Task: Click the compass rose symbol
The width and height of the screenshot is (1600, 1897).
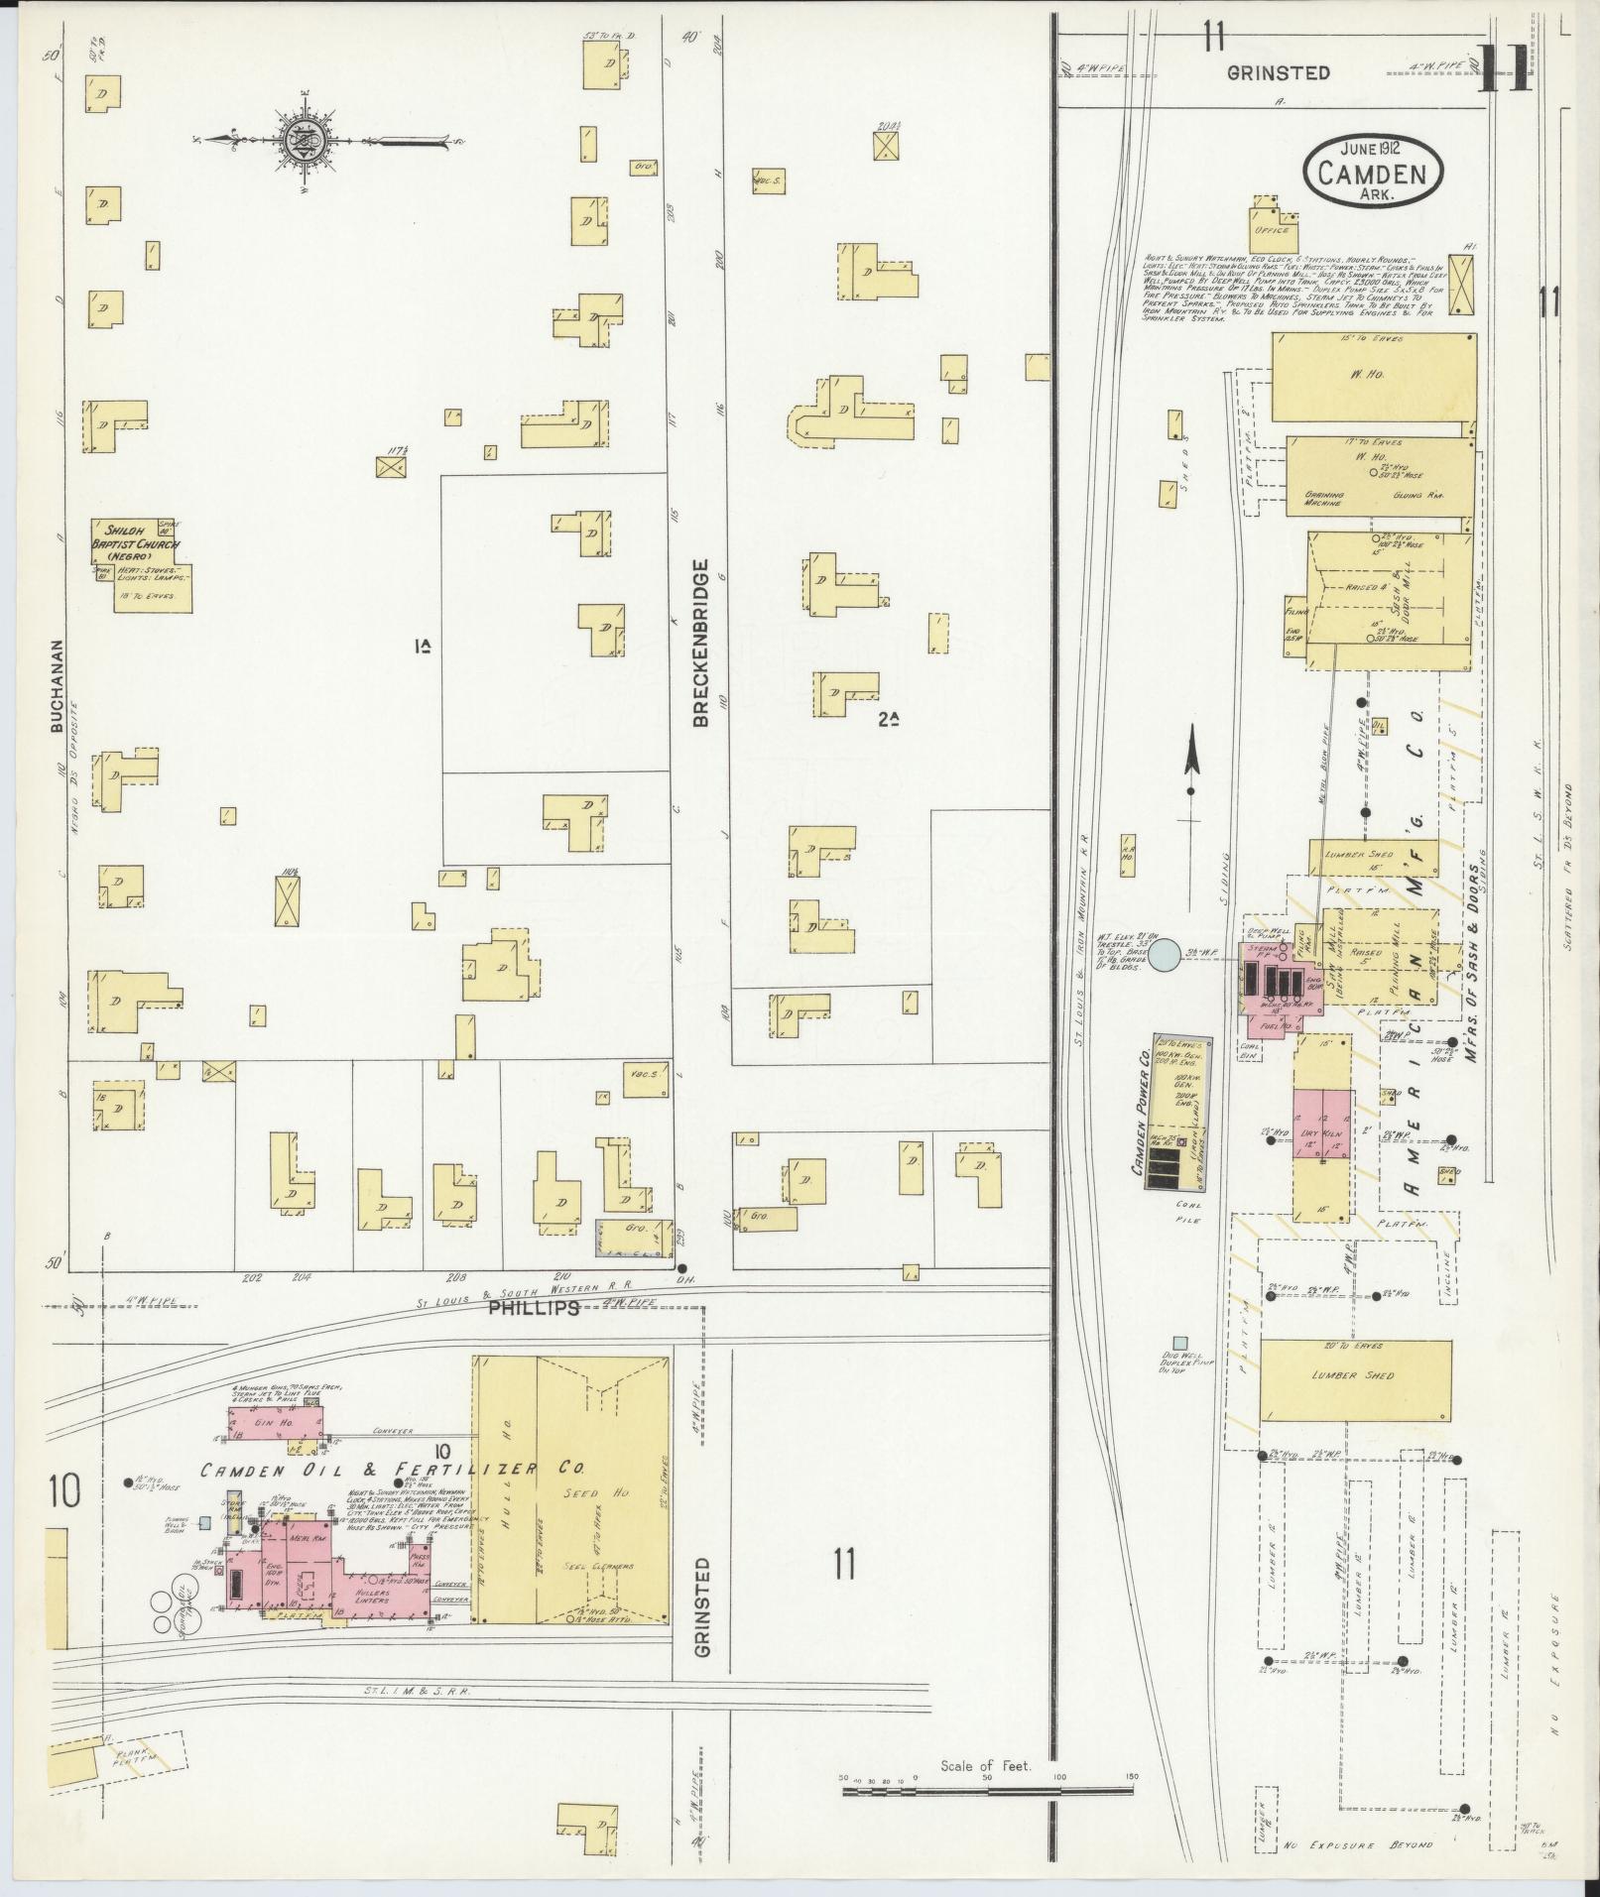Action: pos(307,138)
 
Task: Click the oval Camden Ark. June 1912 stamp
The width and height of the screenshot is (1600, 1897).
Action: pos(1372,173)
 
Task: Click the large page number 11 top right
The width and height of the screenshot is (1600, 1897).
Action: pos(1503,68)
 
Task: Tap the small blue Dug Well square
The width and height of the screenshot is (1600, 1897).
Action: pos(1178,1343)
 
